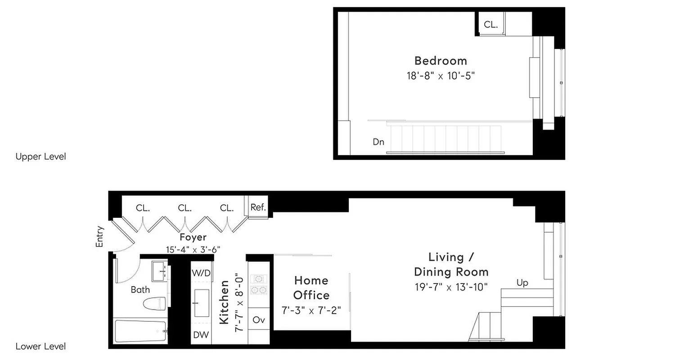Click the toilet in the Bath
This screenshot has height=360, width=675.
click(154, 303)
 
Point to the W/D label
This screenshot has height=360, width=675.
click(201, 273)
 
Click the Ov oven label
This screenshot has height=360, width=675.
click(259, 320)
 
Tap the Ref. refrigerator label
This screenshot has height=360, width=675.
click(258, 207)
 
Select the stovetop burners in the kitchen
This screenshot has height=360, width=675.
click(259, 284)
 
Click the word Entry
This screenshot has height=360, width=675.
click(100, 236)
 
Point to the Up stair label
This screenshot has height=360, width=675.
click(522, 283)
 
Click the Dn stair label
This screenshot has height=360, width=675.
click(378, 142)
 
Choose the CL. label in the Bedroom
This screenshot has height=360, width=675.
click(490, 25)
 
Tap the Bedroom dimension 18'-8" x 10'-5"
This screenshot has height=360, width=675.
click(441, 75)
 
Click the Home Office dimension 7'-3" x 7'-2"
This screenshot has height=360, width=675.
click(311, 310)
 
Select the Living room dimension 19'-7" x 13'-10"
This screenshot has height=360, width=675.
click(451, 287)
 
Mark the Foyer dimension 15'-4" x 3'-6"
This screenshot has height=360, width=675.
click(193, 249)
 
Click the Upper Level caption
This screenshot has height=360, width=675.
click(40, 157)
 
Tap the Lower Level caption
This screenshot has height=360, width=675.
click(40, 346)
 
